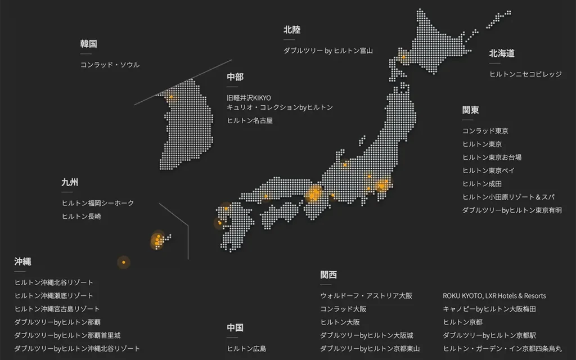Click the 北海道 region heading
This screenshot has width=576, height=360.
pyautogui.click(x=501, y=53)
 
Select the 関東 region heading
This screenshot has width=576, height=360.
pyautogui.click(x=470, y=110)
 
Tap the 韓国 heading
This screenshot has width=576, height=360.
pyautogui.click(x=88, y=43)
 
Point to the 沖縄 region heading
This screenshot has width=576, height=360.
pyautogui.click(x=22, y=261)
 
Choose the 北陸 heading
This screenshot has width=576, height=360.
pyautogui.click(x=291, y=30)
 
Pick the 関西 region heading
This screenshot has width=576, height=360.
pyautogui.click(x=328, y=274)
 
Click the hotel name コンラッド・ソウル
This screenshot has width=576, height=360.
pyautogui.click(x=110, y=65)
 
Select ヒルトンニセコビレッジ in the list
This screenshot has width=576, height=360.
pyautogui.click(x=525, y=74)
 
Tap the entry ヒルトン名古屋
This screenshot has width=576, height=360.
pyautogui.click(x=250, y=120)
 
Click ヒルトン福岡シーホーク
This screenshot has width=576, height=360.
pyautogui.click(x=98, y=203)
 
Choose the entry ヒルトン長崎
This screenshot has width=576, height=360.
pyautogui.click(x=82, y=216)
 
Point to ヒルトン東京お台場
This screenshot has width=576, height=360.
pyautogui.click(x=492, y=157)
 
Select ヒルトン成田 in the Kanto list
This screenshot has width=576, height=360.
pyautogui.click(x=481, y=183)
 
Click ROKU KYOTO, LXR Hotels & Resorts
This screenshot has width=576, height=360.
pyautogui.click(x=494, y=296)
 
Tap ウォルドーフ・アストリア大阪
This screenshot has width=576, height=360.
pyautogui.click(x=366, y=296)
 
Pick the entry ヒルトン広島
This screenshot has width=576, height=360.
pyautogui.click(x=246, y=348)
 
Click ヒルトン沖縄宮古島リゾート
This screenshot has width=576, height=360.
pyautogui.click(x=57, y=309)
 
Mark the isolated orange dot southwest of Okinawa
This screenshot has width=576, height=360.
pyautogui.click(x=123, y=262)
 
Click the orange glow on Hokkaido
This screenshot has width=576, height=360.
pyautogui.click(x=403, y=57)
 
